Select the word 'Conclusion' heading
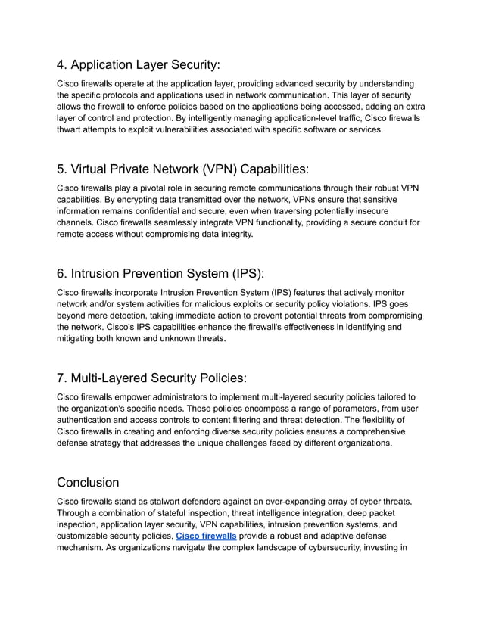pos(88,482)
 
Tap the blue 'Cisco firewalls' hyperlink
pos(206,536)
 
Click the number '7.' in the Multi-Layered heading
pos(63,377)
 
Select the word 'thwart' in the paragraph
pos(70,129)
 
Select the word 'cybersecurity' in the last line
pos(329,549)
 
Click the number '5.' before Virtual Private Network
pos(63,168)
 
